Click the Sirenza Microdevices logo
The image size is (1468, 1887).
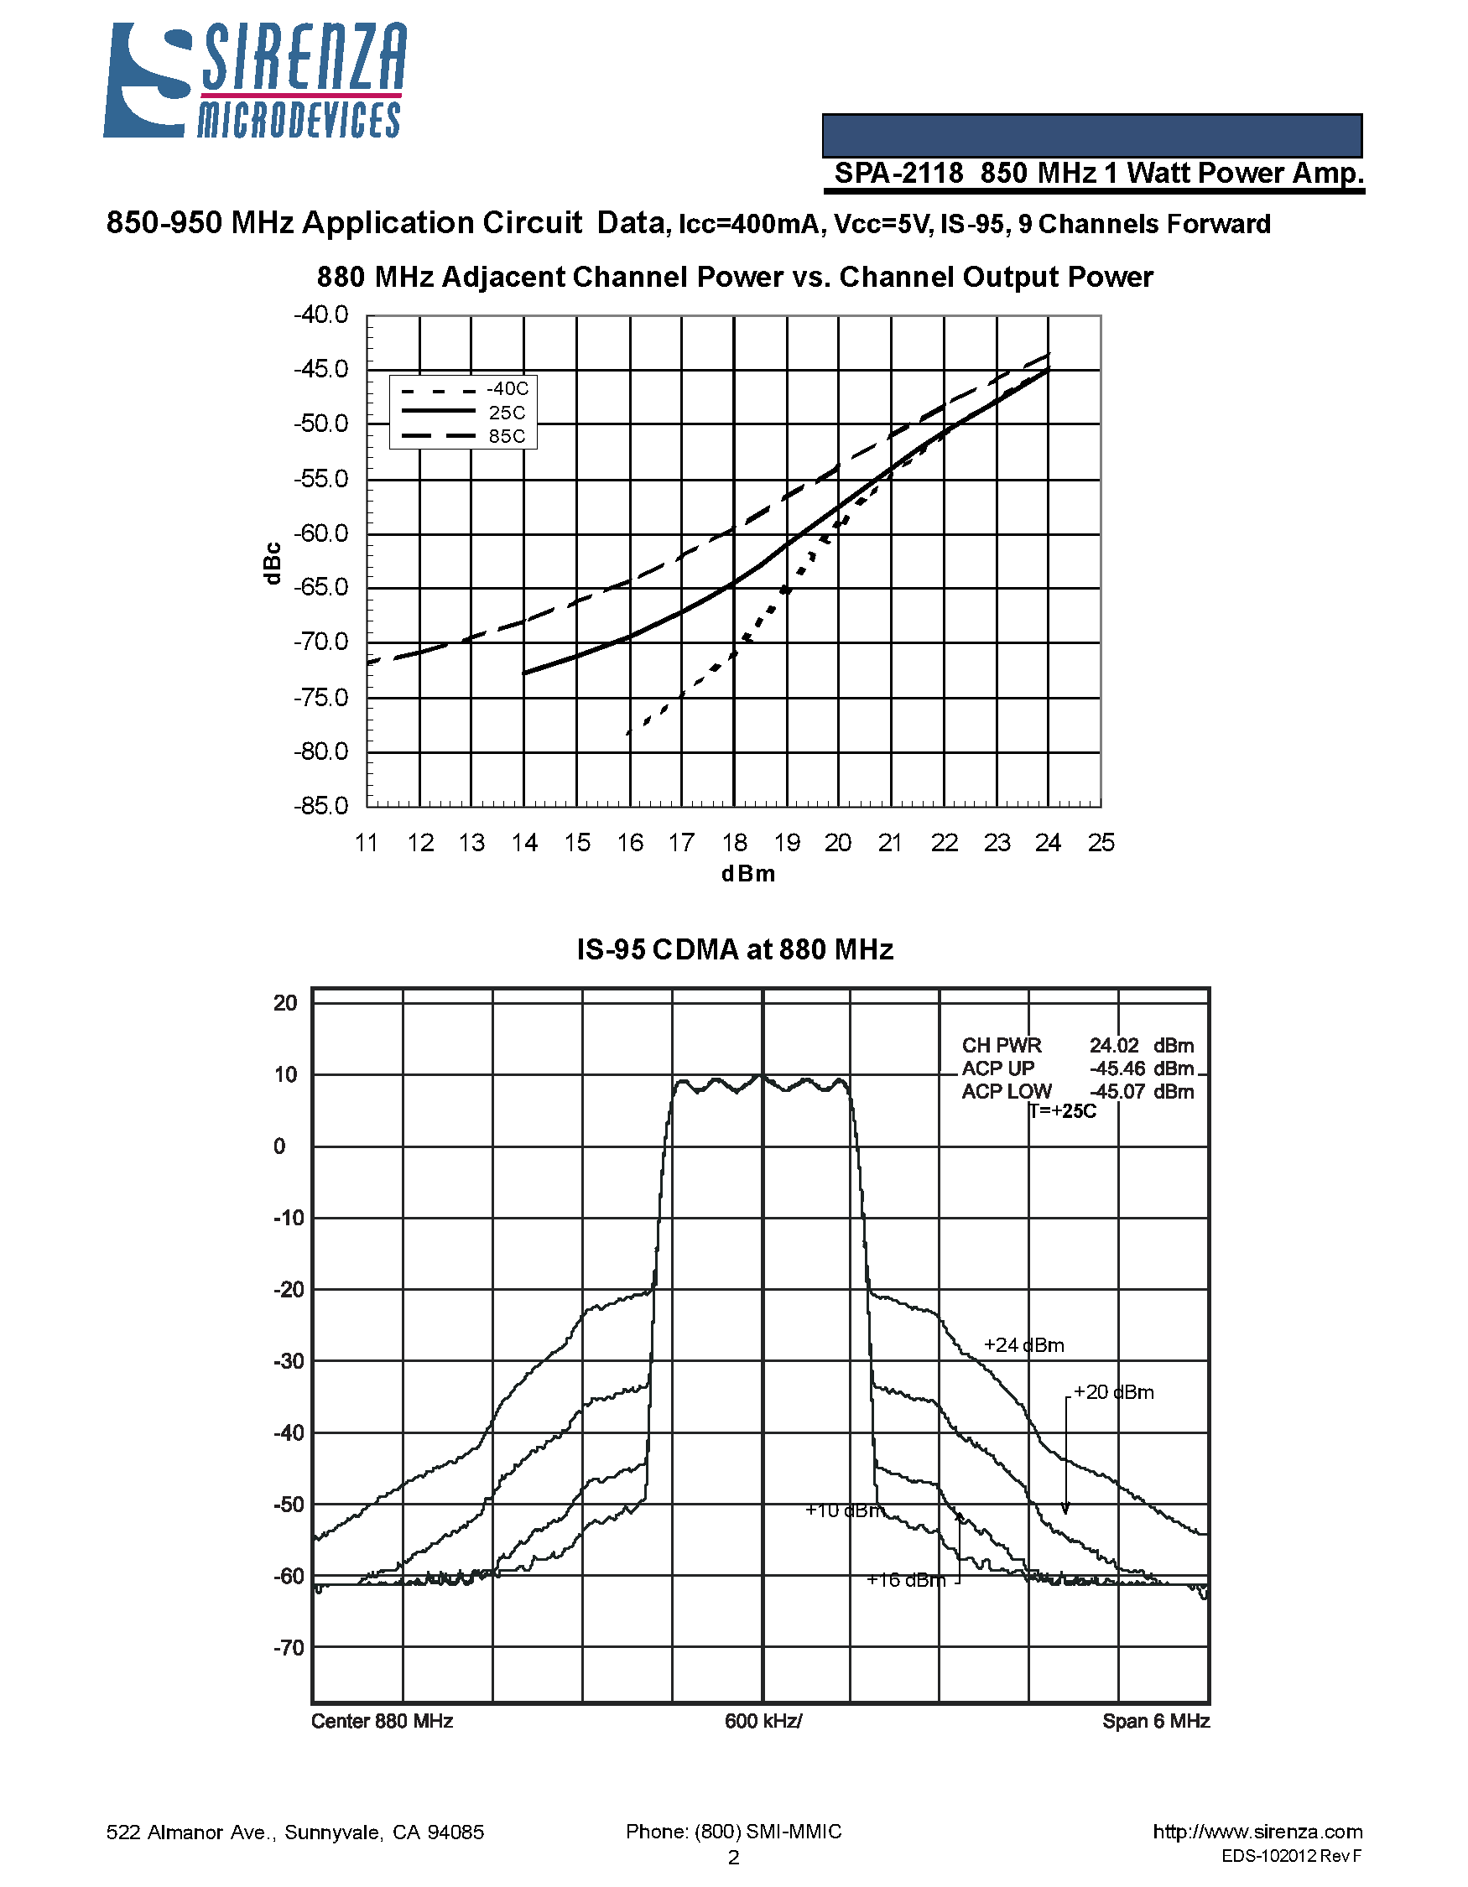click(254, 81)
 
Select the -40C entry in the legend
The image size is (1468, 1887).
click(508, 390)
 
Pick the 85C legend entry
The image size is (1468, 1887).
click(507, 437)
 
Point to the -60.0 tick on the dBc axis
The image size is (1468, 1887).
click(320, 534)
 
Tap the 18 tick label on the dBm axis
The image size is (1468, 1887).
click(735, 843)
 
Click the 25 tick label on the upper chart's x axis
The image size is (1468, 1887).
click(1101, 843)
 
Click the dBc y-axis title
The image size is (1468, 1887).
click(272, 564)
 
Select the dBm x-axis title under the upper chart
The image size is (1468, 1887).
click(748, 875)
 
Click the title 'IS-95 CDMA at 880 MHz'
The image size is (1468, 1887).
click(735, 950)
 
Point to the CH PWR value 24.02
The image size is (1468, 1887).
click(1114, 1046)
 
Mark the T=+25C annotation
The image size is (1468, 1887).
click(1063, 1111)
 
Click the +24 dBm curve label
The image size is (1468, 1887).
click(1024, 1345)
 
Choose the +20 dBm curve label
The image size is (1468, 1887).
click(1114, 1393)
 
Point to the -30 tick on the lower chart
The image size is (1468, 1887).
click(285, 1362)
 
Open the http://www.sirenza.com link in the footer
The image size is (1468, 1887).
click(1257, 1832)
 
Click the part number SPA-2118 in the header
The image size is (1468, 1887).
click(898, 174)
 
